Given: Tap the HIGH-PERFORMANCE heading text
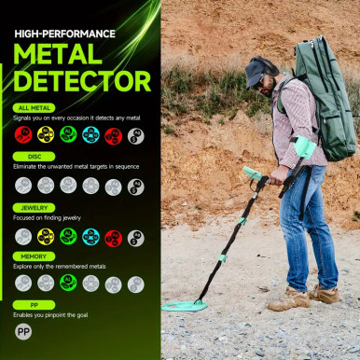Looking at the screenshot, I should coord(64,34).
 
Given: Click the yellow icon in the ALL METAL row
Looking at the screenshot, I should coord(46,135).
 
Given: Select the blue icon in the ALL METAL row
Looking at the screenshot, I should coord(90,135).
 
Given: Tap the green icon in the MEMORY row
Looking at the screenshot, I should coord(68,284).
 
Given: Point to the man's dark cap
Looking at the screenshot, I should coord(261,68).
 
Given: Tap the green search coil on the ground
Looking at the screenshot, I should coord(185,305).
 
